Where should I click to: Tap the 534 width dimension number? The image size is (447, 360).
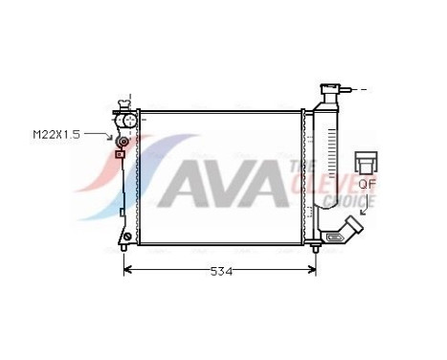221,271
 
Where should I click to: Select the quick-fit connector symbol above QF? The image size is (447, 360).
367,161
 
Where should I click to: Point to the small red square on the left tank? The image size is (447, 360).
120,153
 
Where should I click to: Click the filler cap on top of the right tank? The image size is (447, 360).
330,90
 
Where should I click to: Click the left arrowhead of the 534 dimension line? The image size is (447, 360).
128,271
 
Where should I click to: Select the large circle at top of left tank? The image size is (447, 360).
124,121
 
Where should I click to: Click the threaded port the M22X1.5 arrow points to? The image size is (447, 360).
122,142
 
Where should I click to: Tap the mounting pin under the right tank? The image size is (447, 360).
316,249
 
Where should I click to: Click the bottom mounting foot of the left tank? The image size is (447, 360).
125,238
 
